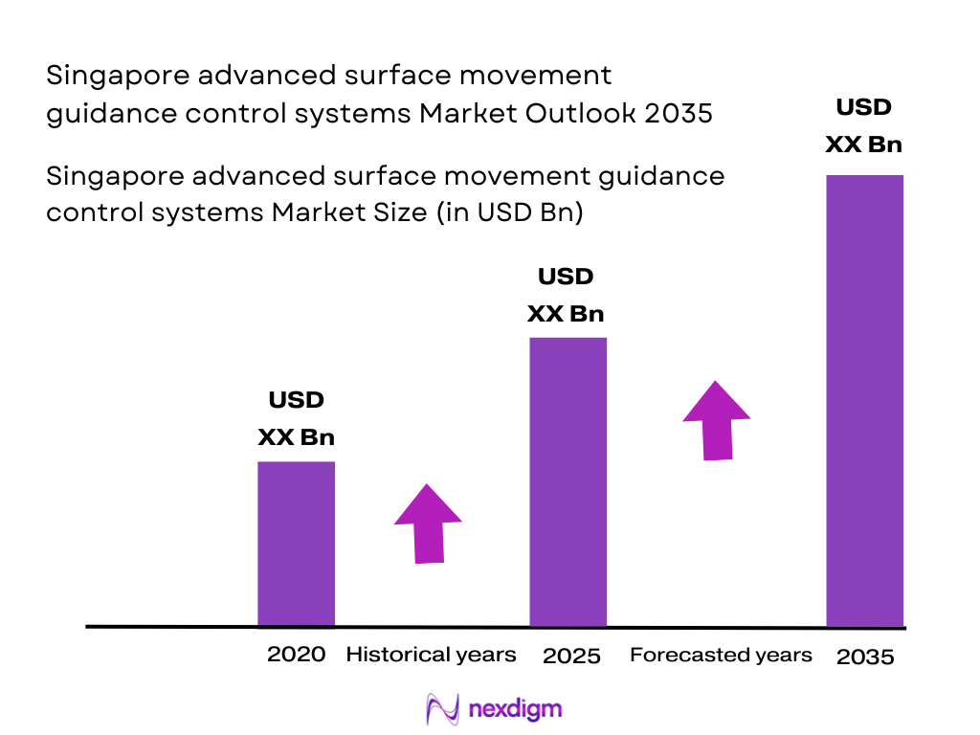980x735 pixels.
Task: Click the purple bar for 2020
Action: point(296,544)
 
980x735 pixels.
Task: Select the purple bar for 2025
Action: point(568,481)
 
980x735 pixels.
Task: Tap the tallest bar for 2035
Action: point(864,400)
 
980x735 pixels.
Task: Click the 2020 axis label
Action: point(296,655)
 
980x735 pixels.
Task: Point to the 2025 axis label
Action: point(571,657)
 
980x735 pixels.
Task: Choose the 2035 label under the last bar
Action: point(865,657)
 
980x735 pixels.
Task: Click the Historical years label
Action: point(431,655)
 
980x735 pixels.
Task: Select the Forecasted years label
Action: point(721,655)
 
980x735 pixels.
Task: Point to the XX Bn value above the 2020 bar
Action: point(296,437)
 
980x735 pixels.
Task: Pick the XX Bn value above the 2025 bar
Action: point(567,314)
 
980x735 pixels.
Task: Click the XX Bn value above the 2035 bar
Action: point(864,145)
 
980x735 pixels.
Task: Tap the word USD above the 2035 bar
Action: point(864,107)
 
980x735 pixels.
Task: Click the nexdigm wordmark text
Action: point(516,709)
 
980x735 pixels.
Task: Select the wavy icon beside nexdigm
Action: point(442,709)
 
